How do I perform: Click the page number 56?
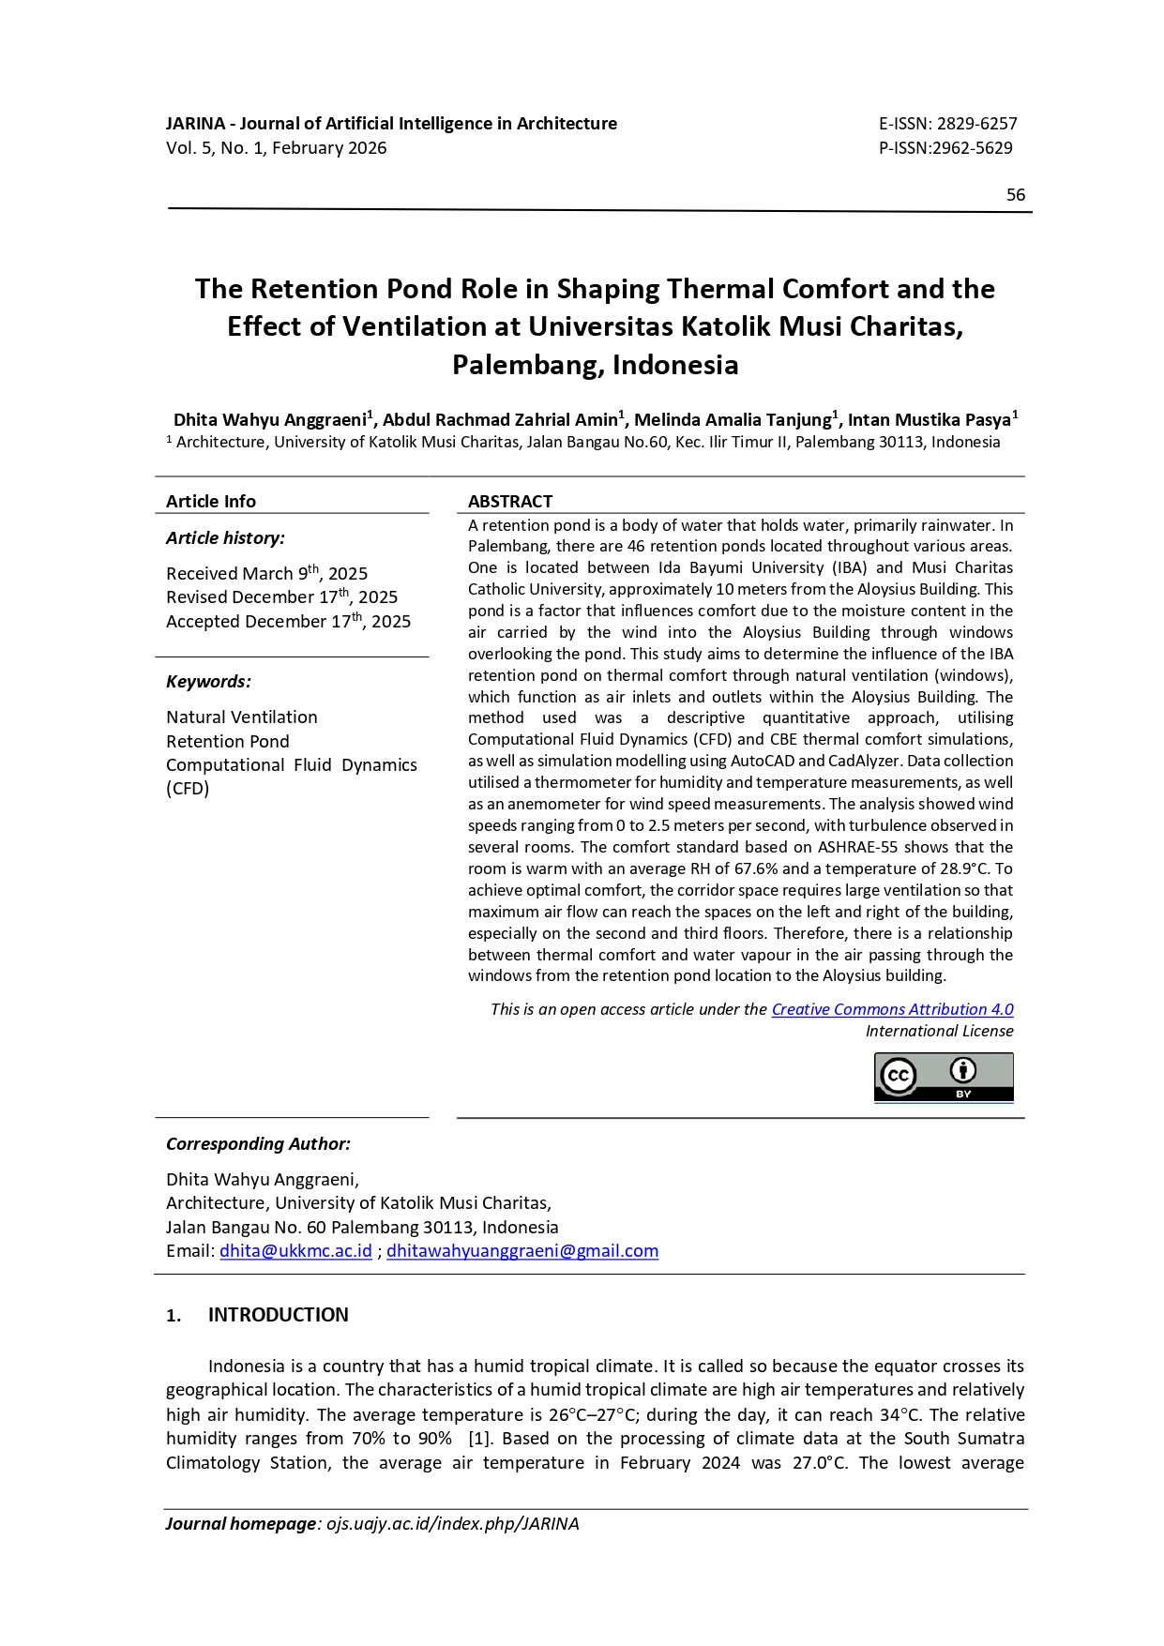pyautogui.click(x=1015, y=195)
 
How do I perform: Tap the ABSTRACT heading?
pyautogui.click(x=510, y=501)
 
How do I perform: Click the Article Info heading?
pyautogui.click(x=211, y=501)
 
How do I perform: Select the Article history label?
pyautogui.click(x=225, y=537)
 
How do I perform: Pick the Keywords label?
pyautogui.click(x=208, y=681)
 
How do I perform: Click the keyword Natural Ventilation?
pyautogui.click(x=242, y=717)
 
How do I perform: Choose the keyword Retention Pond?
pyautogui.click(x=228, y=741)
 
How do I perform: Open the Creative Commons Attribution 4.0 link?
pyautogui.click(x=892, y=1009)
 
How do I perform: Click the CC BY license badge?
pyautogui.click(x=944, y=1077)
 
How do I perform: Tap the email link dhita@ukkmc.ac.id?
pyautogui.click(x=295, y=1251)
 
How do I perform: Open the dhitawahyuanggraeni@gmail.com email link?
pyautogui.click(x=522, y=1251)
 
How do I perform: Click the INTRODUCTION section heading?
pyautogui.click(x=278, y=1315)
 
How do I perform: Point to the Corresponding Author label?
pyautogui.click(x=258, y=1144)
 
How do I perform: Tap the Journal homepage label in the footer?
pyautogui.click(x=241, y=1524)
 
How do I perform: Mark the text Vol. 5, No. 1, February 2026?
pyautogui.click(x=277, y=148)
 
